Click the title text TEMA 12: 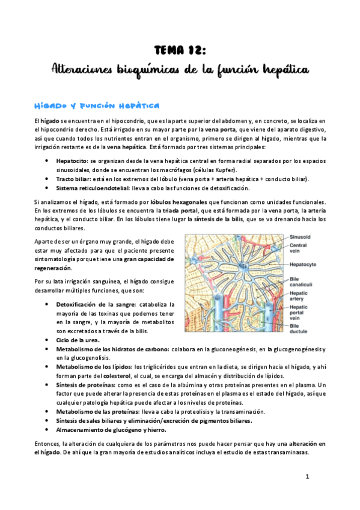pos(180,50)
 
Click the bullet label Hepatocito pos(71,162)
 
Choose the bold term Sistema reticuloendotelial pos(93,188)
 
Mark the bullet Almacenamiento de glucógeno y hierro pos(111,429)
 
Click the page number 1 pos(307,477)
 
